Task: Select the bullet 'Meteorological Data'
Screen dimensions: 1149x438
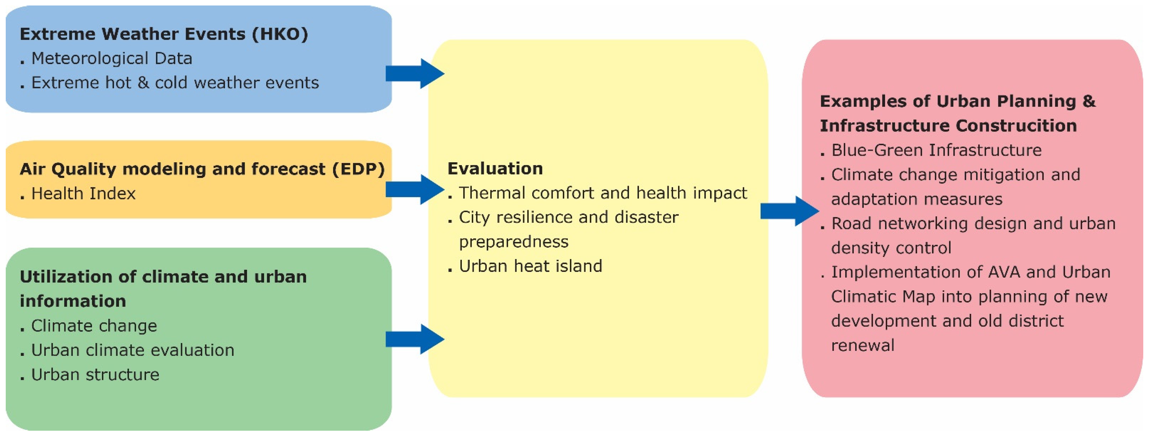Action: point(112,58)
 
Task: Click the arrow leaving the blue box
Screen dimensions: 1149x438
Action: point(415,74)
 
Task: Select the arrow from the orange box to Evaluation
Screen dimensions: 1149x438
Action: point(415,190)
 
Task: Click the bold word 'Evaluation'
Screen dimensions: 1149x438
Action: point(495,169)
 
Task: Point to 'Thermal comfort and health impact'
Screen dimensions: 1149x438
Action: point(603,193)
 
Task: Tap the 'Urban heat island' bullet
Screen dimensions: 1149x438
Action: point(530,266)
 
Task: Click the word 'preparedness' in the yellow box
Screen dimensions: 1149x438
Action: point(513,242)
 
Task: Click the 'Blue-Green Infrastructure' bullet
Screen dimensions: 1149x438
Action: point(936,150)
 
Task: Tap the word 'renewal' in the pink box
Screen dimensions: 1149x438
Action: point(863,346)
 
